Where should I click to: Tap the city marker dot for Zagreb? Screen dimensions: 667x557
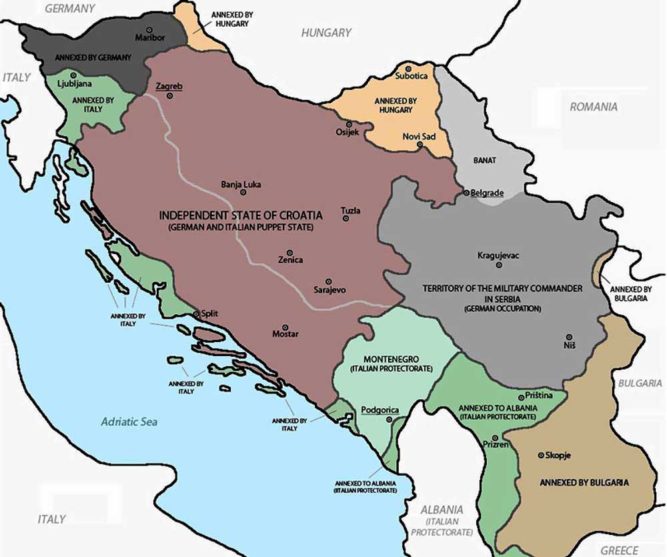[x=169, y=96]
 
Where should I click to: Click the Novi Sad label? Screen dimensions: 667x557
[x=419, y=136]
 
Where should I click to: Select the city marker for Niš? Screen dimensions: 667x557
[x=568, y=337]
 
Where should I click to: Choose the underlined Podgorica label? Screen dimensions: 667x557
[x=380, y=410]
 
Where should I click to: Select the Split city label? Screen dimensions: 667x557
[x=209, y=314]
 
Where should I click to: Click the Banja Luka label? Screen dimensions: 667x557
[x=241, y=184]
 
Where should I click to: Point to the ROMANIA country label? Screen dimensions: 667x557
[x=593, y=106]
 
